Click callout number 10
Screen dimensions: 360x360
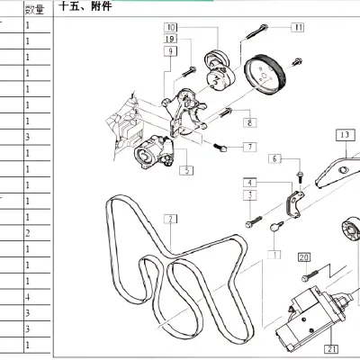pyautogui.click(x=171, y=29)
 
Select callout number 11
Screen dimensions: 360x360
pyautogui.click(x=298, y=28)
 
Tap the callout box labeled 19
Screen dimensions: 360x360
pyautogui.click(x=170, y=40)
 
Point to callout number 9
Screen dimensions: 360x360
pyautogui.click(x=168, y=52)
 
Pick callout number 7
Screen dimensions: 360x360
pyautogui.click(x=248, y=146)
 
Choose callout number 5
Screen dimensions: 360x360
pyautogui.click(x=184, y=169)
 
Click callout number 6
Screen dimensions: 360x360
pyautogui.click(x=275, y=159)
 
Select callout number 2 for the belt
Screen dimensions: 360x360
pyautogui.click(x=168, y=218)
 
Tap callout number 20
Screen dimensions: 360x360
pyautogui.click(x=303, y=256)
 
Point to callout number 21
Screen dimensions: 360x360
pyautogui.click(x=332, y=349)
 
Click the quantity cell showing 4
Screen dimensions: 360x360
pyautogui.click(x=28, y=296)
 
